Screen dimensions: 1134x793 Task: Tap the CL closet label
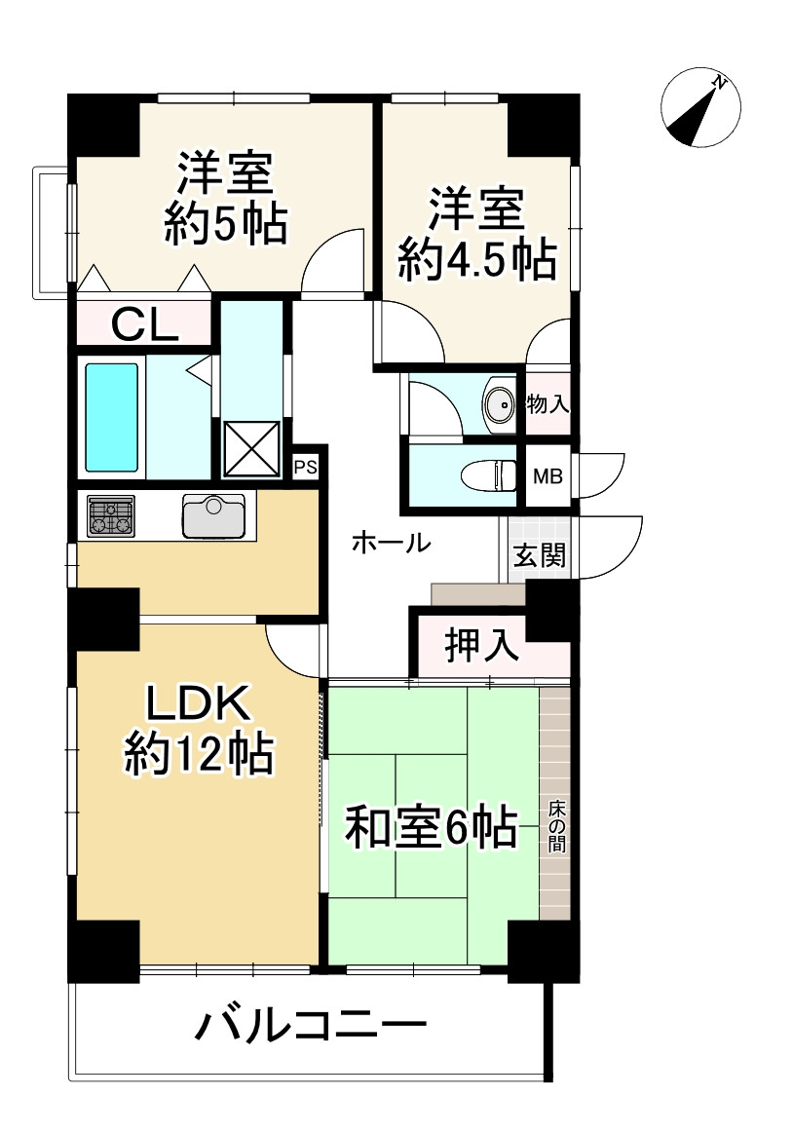[x=144, y=323]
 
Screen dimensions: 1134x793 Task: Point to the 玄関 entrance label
[x=539, y=556]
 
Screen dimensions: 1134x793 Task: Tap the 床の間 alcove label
[x=555, y=826]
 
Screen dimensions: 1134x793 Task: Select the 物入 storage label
[x=548, y=402]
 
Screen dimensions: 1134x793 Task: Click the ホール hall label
[x=391, y=543]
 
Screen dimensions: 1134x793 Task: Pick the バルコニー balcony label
[x=312, y=1027]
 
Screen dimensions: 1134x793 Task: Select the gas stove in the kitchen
[x=110, y=515]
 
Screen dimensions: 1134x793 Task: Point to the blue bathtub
[x=111, y=417]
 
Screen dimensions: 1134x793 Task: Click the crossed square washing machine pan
[x=250, y=448]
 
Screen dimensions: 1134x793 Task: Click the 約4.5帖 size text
[x=477, y=260]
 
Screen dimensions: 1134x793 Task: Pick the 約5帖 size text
[x=225, y=225]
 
